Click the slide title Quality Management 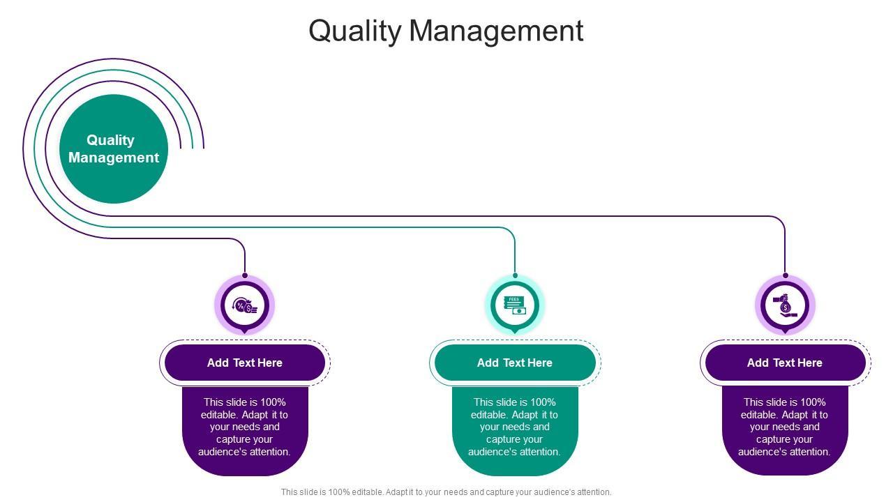coord(446,31)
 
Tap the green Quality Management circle coord(114,149)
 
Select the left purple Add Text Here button coord(245,363)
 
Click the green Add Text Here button coord(515,363)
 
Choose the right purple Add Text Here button coord(785,363)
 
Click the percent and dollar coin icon coord(245,305)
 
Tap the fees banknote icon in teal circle coord(515,305)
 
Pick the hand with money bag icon coord(785,305)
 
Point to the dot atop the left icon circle coord(245,275)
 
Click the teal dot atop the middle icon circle coord(515,275)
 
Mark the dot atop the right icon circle coord(786,275)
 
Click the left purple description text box coord(245,431)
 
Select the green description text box coord(515,431)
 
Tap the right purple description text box coord(785,431)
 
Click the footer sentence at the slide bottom coord(446,492)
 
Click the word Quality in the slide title coord(355,31)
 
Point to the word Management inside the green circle coord(114,158)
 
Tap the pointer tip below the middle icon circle coord(515,333)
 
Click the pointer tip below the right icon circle coord(785,333)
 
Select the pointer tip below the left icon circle coord(245,333)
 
